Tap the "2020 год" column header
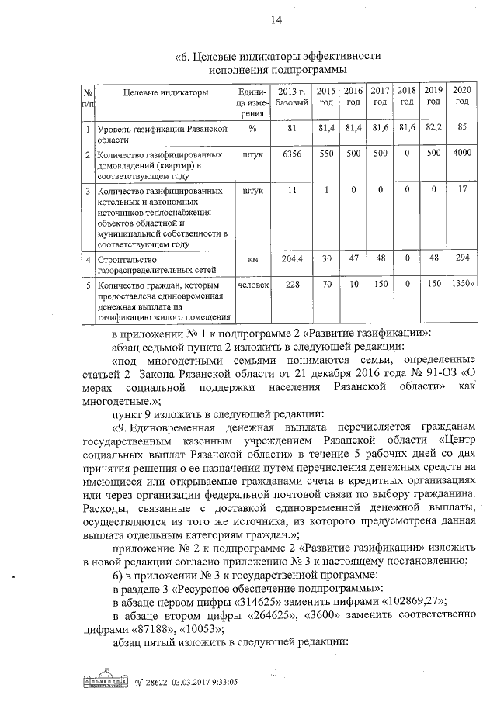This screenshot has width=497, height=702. (463, 97)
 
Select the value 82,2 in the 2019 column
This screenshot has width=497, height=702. (433, 127)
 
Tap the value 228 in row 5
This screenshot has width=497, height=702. (293, 285)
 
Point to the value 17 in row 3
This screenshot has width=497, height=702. (462, 189)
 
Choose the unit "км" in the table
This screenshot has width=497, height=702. (252, 258)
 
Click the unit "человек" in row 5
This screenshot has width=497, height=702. (253, 285)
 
